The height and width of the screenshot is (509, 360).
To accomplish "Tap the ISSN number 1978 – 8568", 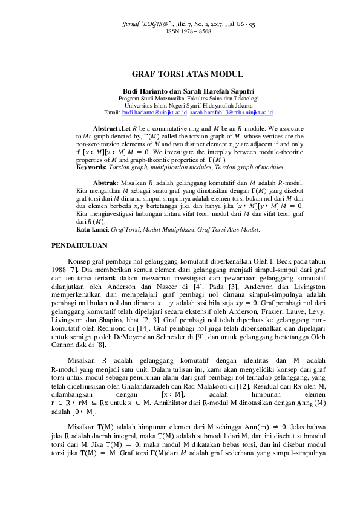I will click(188, 31).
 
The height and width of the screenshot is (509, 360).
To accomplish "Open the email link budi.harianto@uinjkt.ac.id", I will click(154, 112).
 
